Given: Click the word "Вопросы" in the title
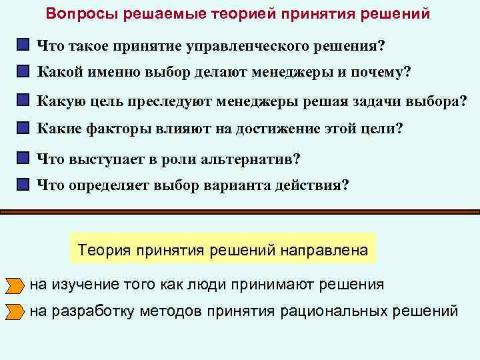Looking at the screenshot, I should [x=78, y=14].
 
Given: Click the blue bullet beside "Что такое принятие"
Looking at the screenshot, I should [x=24, y=45].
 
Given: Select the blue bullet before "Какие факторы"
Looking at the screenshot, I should [x=24, y=127].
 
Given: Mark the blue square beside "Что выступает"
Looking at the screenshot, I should [x=24, y=159].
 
